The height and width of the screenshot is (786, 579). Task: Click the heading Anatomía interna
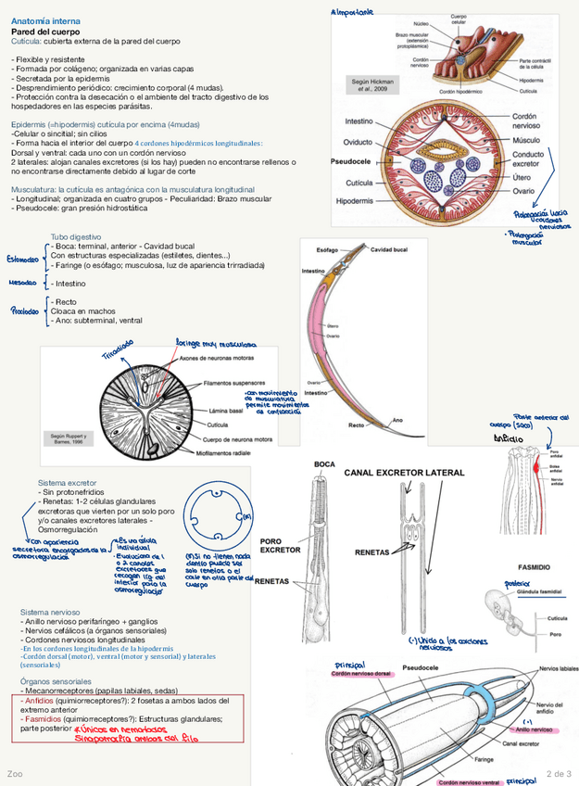pos(44,20)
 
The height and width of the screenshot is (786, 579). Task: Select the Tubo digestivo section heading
pos(76,237)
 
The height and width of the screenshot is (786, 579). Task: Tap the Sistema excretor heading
pos(67,483)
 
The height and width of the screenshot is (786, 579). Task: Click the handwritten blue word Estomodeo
pos(23,259)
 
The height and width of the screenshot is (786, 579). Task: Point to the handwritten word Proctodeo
pos(24,311)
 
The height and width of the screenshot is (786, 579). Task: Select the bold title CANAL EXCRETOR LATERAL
pos(404,473)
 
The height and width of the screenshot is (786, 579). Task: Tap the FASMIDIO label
pos(534,565)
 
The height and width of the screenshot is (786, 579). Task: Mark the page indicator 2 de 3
pos(559,773)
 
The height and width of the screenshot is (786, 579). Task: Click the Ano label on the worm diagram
pos(397,420)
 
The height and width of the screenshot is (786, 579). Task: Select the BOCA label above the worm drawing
pos(324,463)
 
